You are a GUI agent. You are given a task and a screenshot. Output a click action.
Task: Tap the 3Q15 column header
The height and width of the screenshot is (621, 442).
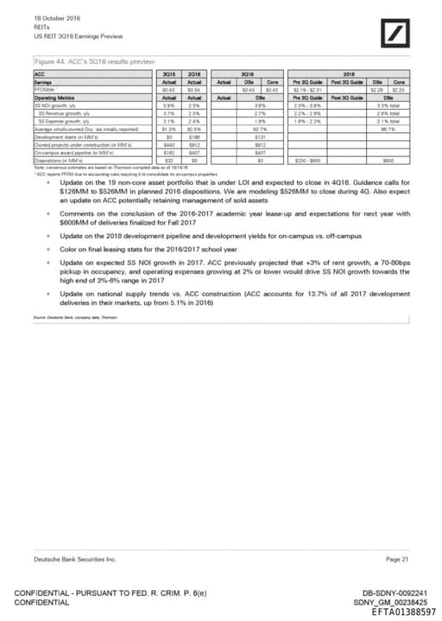(x=171, y=75)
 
